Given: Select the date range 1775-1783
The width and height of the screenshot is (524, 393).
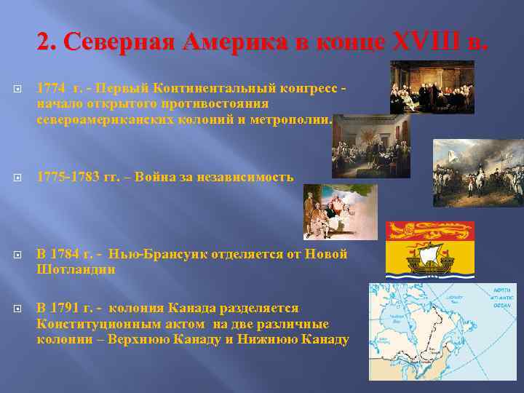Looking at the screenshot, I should tap(66, 177).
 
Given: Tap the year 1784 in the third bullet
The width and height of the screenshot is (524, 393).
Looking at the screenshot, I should tap(76, 254).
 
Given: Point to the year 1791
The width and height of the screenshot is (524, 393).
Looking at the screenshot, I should tap(76, 309).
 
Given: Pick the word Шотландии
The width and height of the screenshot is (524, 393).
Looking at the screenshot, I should tap(76, 269).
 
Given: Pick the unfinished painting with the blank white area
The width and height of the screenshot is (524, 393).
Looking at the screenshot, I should tap(340, 211).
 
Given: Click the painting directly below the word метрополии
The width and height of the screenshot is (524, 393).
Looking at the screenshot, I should tap(370, 146).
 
